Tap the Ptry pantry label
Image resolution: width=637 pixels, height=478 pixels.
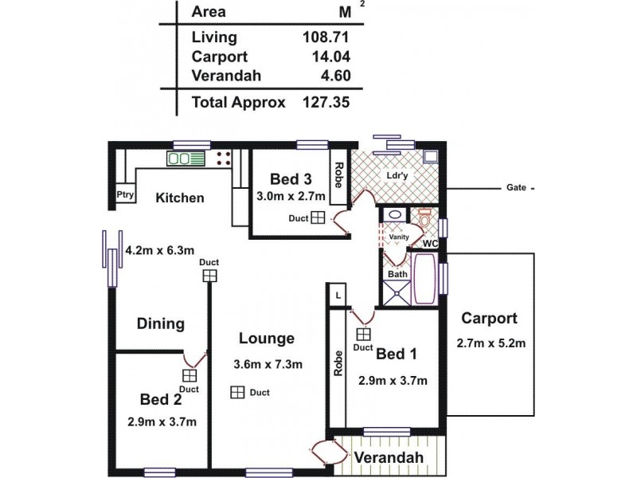pos(125,194)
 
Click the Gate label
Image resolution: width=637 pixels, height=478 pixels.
pos(516,189)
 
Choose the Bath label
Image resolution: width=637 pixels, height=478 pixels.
pos(397,274)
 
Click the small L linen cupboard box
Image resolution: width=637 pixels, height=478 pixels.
pos(338,295)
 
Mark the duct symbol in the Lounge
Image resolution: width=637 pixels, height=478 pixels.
pos(236,393)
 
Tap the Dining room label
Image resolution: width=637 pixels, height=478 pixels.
pos(161,324)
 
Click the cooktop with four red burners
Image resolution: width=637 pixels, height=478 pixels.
pos(223,158)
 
